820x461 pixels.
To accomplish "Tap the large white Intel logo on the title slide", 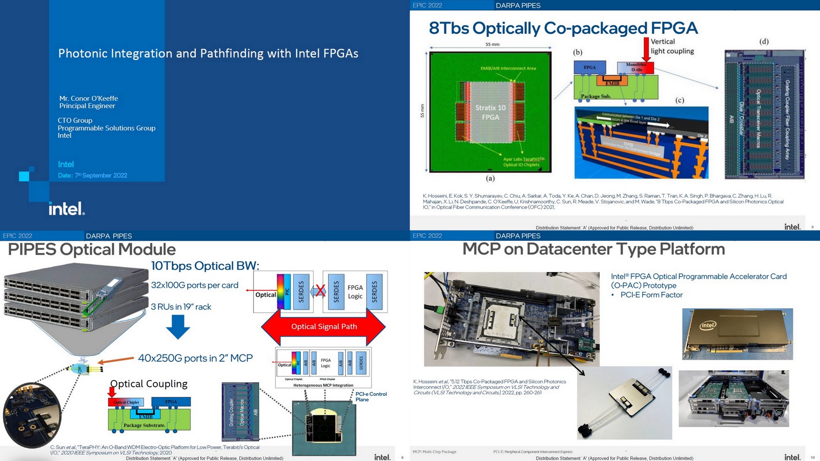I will (x=67, y=209).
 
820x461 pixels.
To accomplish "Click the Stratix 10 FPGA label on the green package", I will (x=490, y=112).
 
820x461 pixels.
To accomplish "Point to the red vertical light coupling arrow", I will (x=646, y=50).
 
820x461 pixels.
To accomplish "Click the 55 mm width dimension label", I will (x=492, y=45).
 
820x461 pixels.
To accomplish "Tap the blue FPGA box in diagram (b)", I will (x=589, y=68).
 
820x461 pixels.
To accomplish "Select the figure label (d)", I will (x=764, y=41).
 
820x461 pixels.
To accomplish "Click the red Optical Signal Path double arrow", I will (x=324, y=327).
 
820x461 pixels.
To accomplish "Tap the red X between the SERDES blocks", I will (x=320, y=291).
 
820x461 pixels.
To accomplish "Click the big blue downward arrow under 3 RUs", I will (x=178, y=327).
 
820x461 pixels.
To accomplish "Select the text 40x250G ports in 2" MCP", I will (x=195, y=358).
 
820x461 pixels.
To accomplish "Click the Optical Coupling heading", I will (x=149, y=384).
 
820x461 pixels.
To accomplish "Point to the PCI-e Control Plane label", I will (x=371, y=396).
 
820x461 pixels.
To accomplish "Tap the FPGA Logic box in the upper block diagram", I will (x=355, y=291).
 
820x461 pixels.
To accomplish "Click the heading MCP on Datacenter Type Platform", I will (x=593, y=249).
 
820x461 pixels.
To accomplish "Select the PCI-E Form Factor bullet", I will (x=651, y=295).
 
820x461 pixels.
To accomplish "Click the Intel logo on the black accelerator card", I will (x=708, y=325).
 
